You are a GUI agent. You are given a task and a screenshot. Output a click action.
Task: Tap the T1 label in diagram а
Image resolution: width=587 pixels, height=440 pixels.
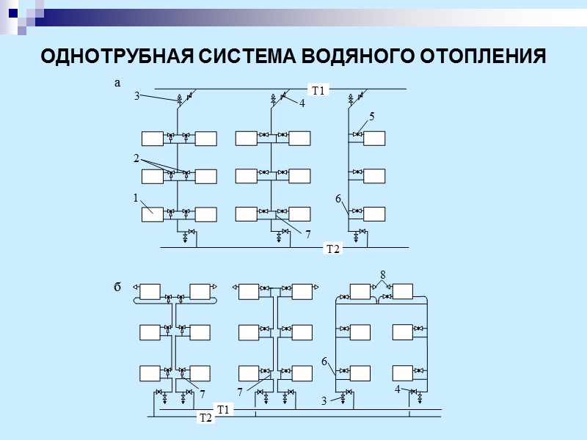[318, 91]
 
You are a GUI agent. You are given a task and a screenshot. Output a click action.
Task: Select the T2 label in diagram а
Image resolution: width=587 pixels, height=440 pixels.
[333, 249]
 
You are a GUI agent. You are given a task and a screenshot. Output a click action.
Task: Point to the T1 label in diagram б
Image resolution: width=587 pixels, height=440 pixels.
[223, 408]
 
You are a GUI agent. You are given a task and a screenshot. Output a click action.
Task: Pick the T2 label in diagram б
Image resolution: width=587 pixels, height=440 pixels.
[205, 418]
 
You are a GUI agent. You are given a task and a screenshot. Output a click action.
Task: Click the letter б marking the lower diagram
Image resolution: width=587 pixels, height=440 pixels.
[117, 287]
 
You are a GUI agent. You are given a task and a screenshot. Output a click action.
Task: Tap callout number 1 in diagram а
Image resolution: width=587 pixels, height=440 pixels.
[136, 198]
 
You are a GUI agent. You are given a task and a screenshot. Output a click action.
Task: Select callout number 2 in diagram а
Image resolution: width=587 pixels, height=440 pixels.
[136, 158]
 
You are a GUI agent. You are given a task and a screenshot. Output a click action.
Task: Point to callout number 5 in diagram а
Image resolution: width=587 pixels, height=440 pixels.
[372, 117]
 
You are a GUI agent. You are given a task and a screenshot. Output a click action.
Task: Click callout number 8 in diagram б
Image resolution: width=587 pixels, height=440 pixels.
[382, 274]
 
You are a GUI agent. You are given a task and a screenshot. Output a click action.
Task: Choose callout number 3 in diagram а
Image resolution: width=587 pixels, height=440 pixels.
[136, 96]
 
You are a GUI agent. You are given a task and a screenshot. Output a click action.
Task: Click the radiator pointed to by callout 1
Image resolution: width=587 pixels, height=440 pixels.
[153, 214]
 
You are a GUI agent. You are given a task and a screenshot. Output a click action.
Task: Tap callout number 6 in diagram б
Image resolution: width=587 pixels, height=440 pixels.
[324, 361]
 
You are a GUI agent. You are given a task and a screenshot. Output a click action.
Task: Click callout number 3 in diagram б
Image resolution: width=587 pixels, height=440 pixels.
[324, 401]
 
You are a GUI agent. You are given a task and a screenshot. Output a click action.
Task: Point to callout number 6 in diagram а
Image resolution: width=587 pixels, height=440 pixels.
[338, 199]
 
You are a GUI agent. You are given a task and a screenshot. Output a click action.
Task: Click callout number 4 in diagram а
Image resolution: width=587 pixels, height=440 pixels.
[301, 105]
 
